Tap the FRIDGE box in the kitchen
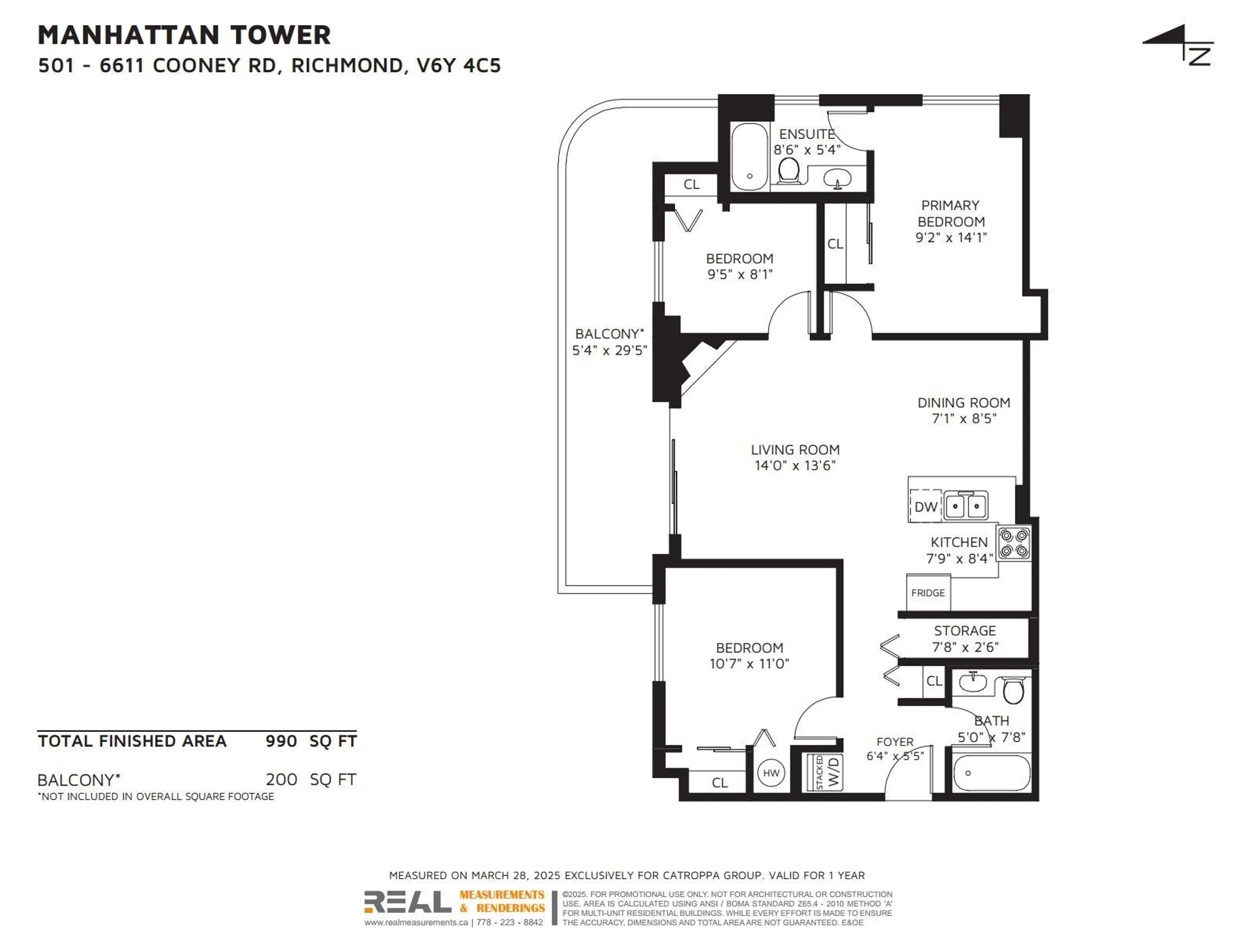pyautogui.click(x=928, y=593)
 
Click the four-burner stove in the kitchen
pyautogui.click(x=1014, y=543)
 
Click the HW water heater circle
pyautogui.click(x=771, y=773)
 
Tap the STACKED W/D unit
pyautogui.click(x=826, y=772)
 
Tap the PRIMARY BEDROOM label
pyautogui.click(x=951, y=213)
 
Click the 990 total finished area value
pyautogui.click(x=281, y=741)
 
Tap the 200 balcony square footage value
pyautogui.click(x=281, y=780)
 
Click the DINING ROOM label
pyautogui.click(x=964, y=403)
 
